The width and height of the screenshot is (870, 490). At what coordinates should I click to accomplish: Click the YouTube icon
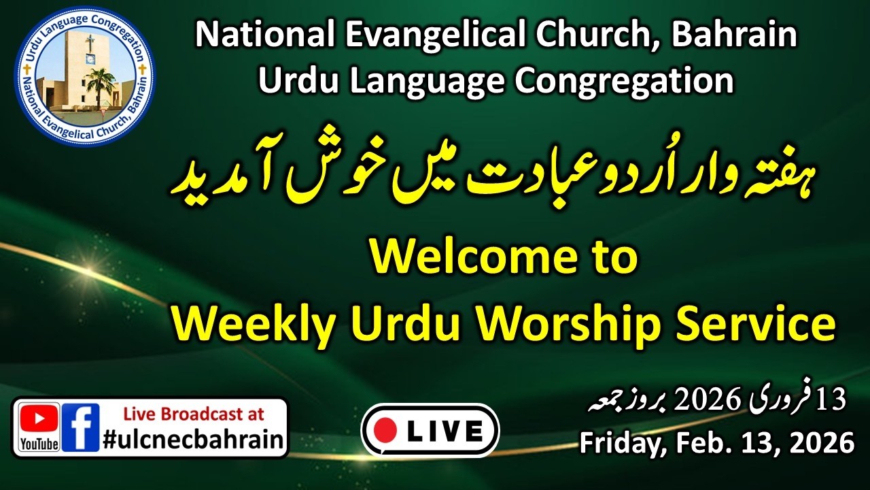click(39, 427)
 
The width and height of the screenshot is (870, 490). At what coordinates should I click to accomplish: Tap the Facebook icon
click(81, 427)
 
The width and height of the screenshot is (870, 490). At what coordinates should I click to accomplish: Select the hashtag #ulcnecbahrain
click(193, 439)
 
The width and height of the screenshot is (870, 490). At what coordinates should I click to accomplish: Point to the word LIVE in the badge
click(445, 431)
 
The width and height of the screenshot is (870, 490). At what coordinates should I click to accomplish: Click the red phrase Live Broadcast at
click(193, 414)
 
